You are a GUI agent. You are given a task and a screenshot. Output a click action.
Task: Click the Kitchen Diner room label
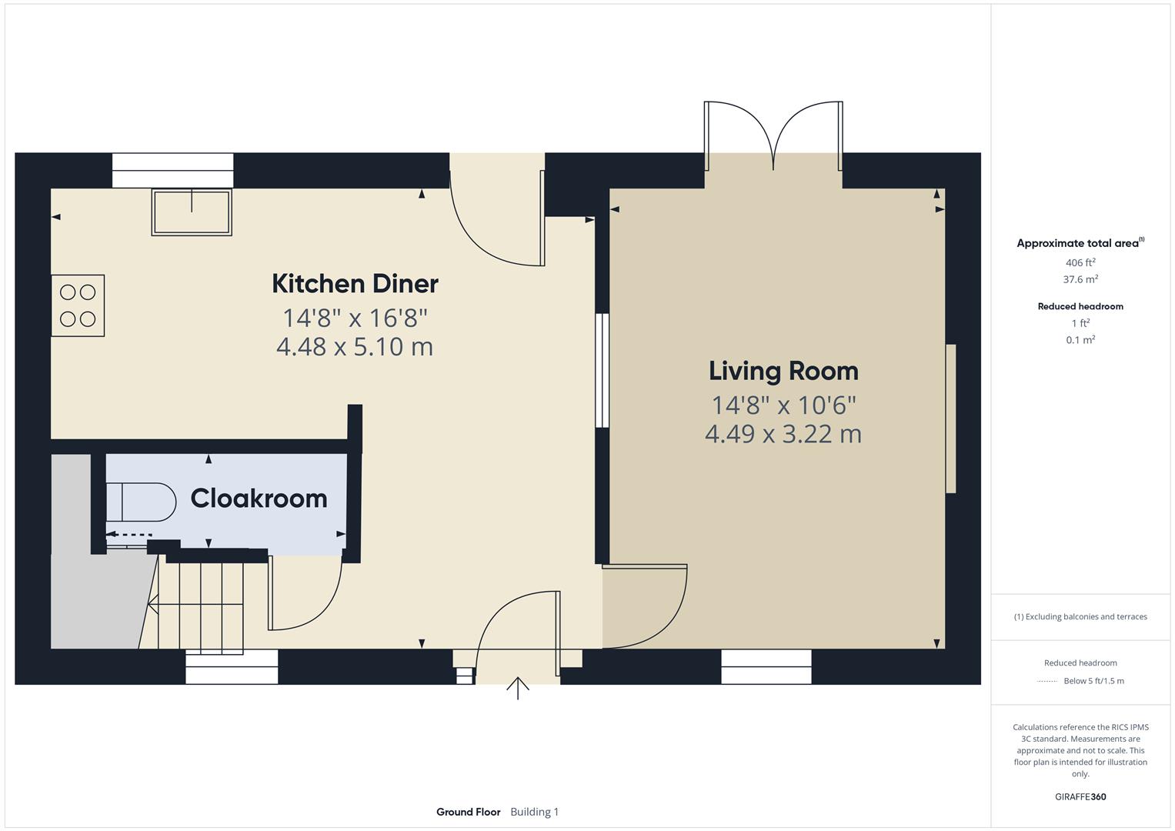355,283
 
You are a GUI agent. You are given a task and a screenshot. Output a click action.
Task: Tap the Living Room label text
783,371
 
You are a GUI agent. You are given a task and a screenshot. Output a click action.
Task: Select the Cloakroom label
259,499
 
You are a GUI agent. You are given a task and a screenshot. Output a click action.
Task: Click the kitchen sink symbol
192,212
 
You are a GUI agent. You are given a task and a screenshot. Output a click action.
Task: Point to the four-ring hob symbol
78,305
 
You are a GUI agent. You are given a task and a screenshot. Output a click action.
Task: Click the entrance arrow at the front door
518,688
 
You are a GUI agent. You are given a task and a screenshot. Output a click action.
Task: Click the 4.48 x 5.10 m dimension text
355,346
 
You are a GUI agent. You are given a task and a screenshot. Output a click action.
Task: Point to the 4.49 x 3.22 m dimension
783,434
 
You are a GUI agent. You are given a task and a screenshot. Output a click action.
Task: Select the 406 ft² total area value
1080,262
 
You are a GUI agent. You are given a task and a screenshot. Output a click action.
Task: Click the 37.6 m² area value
1080,279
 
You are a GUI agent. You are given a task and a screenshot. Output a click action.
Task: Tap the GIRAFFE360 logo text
1080,796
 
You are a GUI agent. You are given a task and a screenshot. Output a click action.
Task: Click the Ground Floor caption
468,812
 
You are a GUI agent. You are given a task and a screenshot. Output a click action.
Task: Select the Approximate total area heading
1079,243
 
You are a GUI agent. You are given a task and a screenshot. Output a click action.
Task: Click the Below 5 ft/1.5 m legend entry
1093,681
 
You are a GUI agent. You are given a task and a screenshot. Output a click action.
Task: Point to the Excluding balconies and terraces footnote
1080,616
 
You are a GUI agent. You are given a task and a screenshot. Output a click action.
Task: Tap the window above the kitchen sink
172,170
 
